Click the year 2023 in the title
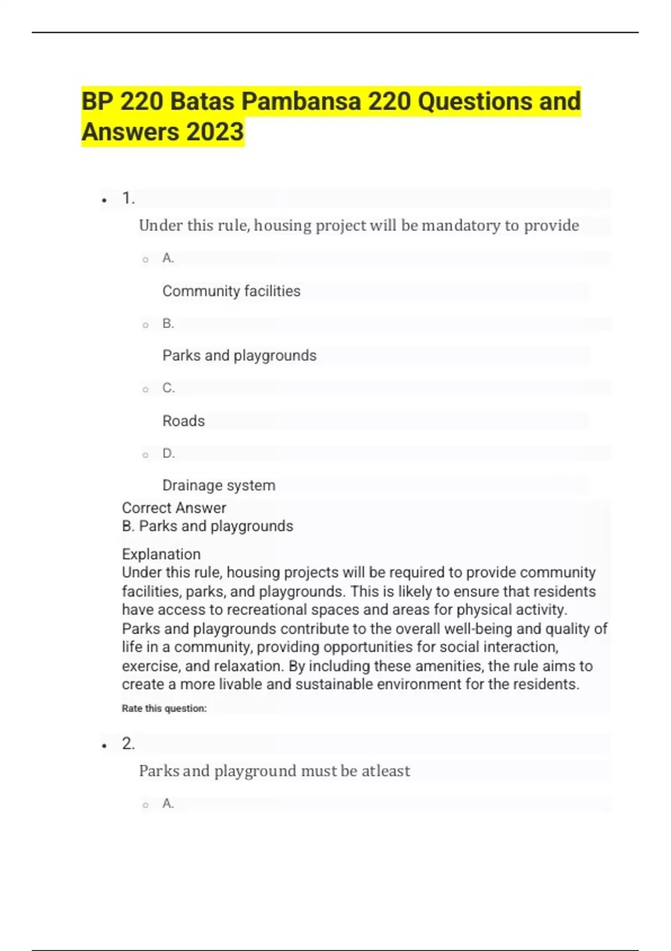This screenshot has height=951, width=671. coord(215,132)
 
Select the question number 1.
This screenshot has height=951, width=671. coord(128,198)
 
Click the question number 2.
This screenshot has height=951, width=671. coord(128,743)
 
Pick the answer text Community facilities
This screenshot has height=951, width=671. coord(231,291)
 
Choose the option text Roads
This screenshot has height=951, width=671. coord(183,421)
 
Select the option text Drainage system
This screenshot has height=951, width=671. coord(219,485)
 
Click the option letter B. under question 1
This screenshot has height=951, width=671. coord(168,323)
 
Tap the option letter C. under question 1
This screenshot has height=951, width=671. coord(168,388)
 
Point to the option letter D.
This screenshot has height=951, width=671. coord(168,453)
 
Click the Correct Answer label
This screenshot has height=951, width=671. coord(174,508)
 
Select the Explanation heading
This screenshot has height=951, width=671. coord(161,554)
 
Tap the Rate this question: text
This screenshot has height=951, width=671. coord(164,708)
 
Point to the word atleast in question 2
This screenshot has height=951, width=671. coord(386,771)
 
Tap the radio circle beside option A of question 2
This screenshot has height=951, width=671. coord(145,805)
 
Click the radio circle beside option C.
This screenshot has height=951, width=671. coord(145,389)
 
